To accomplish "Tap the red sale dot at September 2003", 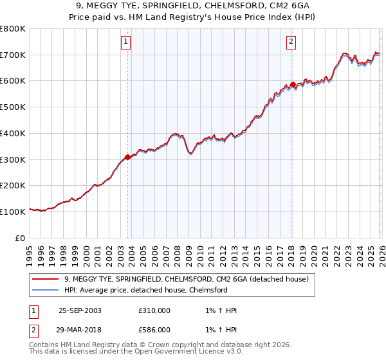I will coord(128,157).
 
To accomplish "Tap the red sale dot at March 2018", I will coord(293,84).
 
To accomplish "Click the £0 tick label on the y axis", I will coord(20,238).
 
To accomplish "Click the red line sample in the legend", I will coord(45,279).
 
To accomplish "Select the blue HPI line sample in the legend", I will coord(45,290).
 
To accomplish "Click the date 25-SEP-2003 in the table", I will coord(80,310).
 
